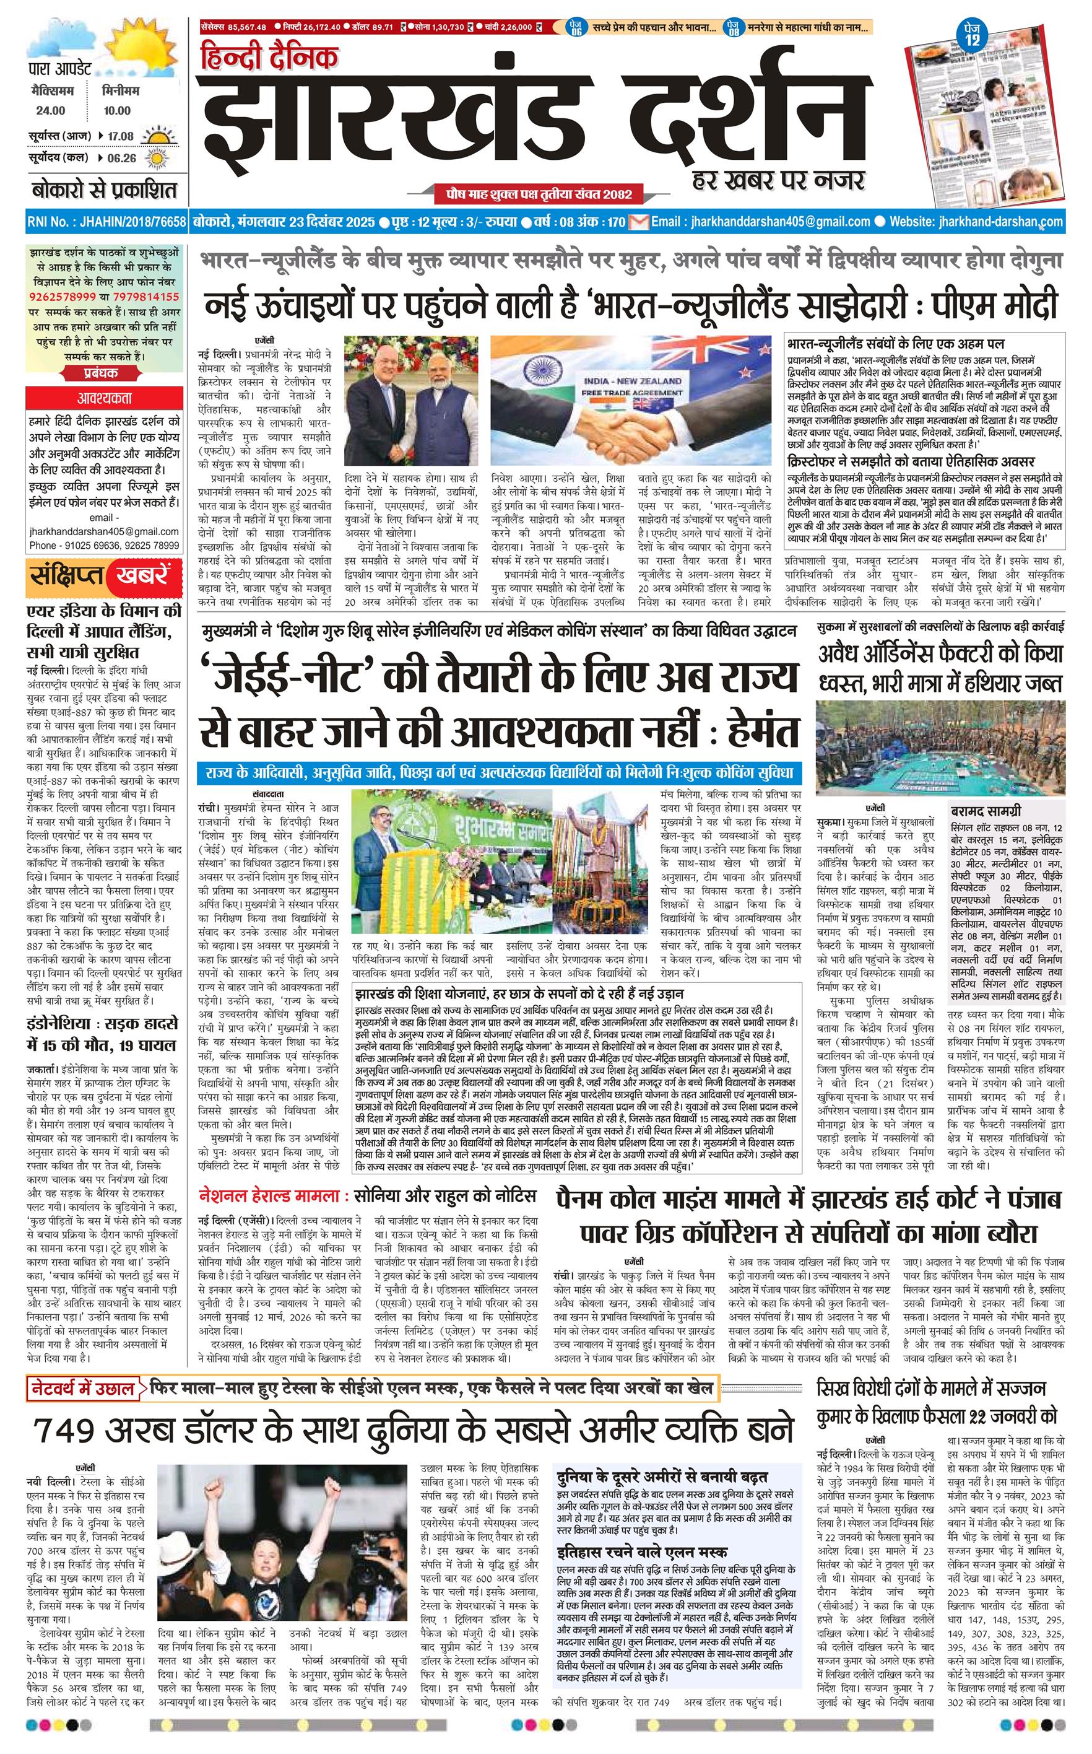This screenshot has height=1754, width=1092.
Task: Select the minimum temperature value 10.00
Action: coord(116,110)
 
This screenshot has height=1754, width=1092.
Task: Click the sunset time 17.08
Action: coord(121,136)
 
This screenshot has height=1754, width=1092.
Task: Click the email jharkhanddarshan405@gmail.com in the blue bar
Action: coord(779,222)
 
